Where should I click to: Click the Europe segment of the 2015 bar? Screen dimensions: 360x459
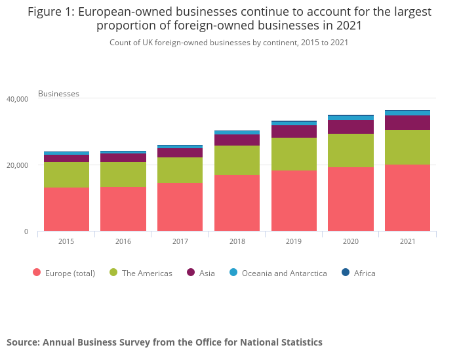coord(66,209)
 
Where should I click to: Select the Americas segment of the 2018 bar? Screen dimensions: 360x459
coord(237,160)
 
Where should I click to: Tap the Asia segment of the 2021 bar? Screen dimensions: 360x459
coord(407,123)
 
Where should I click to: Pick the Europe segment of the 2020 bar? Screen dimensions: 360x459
coord(351,199)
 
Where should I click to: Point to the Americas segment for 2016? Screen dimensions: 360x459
coord(123,174)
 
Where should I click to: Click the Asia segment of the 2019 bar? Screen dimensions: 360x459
coord(294,132)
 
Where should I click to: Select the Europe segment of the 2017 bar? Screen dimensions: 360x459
coord(180,207)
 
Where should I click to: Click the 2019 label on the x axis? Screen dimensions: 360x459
coord(294,241)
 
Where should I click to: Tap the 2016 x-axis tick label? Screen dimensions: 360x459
coord(123,241)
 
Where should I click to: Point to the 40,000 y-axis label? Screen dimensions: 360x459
coord(17,99)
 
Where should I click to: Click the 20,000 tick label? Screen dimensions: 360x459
coord(17,165)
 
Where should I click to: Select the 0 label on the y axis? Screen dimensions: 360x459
coord(26,231)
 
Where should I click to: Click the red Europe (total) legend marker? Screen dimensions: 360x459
coord(37,273)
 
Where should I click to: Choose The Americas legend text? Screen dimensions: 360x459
coord(147,273)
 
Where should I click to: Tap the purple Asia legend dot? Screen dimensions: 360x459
coord(191,273)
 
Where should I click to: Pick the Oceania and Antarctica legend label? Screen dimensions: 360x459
coord(284,273)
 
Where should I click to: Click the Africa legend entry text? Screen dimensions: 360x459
coord(365,273)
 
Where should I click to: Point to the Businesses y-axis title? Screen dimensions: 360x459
coord(58,94)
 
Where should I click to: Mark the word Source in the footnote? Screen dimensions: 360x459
coord(22,342)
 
